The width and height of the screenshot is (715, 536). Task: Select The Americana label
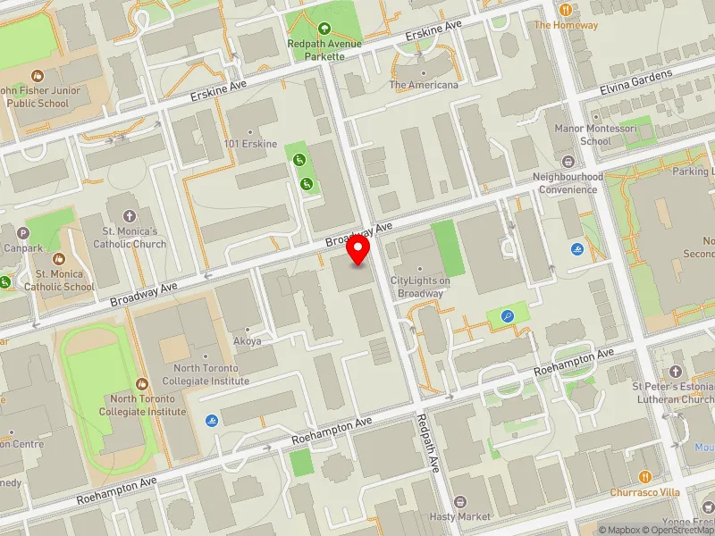coord(423,85)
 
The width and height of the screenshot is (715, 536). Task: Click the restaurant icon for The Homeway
coord(565,9)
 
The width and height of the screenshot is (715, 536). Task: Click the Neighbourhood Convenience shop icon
coord(568,162)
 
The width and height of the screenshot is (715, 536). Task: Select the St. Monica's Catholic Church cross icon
coord(129,216)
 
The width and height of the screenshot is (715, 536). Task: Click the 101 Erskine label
coord(250,144)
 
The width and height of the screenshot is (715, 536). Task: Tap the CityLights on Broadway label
coord(421,287)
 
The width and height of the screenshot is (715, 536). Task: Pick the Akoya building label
coord(247,340)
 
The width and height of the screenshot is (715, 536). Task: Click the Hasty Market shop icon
coord(460,502)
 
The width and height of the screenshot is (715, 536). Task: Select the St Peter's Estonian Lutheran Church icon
coord(676,370)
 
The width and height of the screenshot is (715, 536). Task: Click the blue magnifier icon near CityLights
coord(508,315)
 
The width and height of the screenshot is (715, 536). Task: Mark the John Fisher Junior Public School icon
coord(37,78)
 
